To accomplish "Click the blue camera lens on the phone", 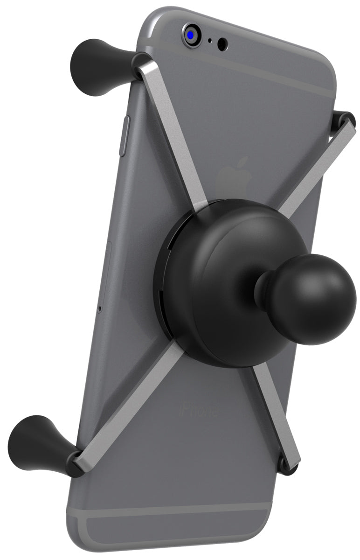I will pos(191,34).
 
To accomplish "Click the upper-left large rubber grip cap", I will pos(98,67).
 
